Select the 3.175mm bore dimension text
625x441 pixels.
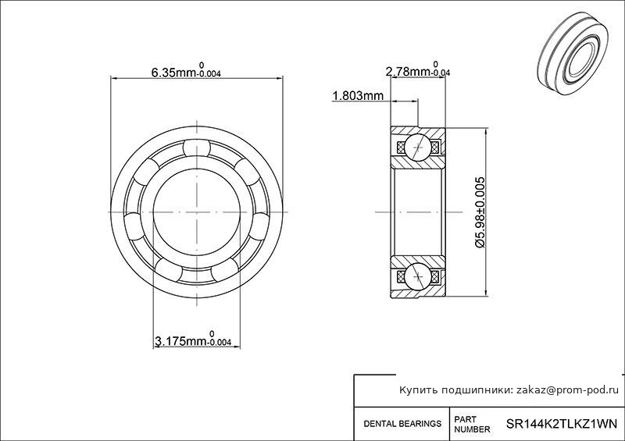coord(192,339)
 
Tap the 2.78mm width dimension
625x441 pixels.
coord(418,69)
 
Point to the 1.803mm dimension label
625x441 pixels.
coord(358,95)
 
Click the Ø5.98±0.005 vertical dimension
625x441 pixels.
coord(480,212)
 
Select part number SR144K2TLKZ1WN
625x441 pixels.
coord(561,423)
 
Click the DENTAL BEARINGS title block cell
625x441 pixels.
coord(402,424)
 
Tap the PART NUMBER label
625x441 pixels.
coord(472,425)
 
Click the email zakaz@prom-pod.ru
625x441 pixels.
coord(568,390)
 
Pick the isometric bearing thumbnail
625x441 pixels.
coord(573,54)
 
